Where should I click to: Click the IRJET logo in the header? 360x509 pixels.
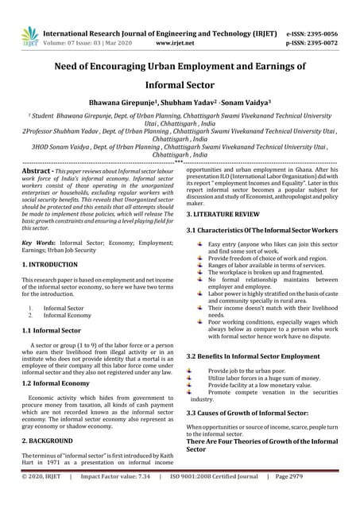[29, 35]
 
